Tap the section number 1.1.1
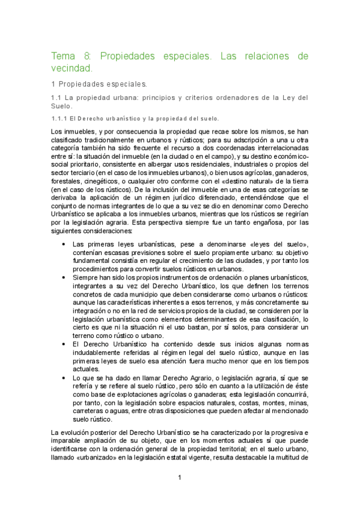pos(60,118)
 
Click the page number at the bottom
pos(180,478)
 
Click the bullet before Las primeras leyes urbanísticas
pos(64,244)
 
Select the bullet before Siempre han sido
pos(64,277)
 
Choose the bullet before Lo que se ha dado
pos(64,377)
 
